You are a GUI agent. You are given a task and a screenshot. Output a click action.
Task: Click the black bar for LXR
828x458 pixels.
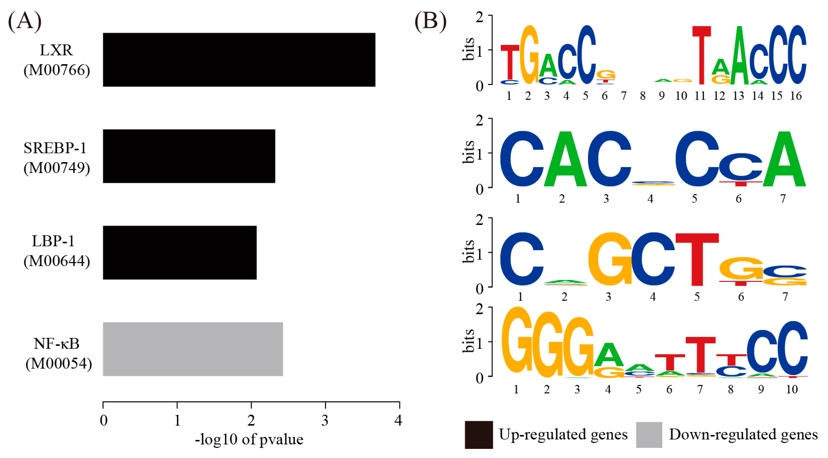click(239, 60)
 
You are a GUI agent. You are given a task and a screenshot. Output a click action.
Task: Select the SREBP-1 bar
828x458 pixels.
click(189, 156)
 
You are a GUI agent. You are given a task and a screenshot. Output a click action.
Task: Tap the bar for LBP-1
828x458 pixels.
click(180, 253)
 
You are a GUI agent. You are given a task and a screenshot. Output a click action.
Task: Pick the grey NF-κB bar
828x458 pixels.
click(193, 349)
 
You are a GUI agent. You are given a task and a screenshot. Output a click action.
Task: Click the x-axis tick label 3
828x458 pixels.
click(325, 420)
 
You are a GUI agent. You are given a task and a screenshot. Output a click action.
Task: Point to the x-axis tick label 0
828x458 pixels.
click(103, 420)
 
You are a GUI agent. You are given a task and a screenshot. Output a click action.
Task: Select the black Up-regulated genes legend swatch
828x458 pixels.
click(479, 435)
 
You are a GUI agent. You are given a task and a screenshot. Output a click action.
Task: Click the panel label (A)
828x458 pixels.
click(25, 21)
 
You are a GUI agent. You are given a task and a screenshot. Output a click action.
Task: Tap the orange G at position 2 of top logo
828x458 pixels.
click(529, 55)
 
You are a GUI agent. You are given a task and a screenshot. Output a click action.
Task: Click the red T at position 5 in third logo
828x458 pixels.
click(697, 259)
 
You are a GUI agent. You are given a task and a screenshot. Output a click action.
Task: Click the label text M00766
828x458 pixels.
click(57, 70)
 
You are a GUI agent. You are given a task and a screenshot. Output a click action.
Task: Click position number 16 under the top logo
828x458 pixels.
click(796, 96)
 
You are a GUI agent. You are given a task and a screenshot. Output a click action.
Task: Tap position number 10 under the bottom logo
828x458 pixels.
click(792, 389)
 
